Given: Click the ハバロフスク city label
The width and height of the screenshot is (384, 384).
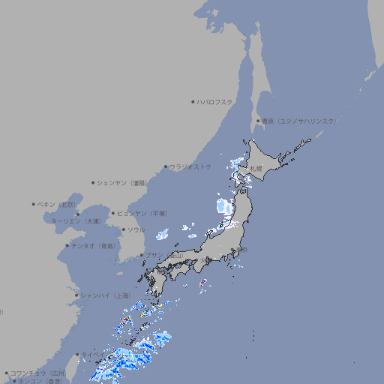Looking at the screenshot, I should click(215, 101).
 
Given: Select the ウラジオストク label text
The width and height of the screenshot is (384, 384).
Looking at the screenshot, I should click(190, 166).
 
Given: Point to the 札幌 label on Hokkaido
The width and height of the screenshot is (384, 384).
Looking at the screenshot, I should click(256, 168).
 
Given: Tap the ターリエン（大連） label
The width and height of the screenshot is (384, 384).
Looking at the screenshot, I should click(76, 221).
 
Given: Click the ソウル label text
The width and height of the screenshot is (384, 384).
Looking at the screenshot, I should click(136, 229).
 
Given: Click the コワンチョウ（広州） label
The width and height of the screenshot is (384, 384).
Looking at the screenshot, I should click(37, 373).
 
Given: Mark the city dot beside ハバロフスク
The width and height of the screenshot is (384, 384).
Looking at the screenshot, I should click(193, 101).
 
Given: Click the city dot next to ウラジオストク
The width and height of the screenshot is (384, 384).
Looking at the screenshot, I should click(166, 166).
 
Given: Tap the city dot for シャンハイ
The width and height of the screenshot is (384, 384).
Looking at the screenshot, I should click(76, 295).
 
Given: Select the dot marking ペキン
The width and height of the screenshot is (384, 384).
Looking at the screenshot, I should click(34, 204).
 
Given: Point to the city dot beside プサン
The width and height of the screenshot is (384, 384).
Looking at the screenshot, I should click(142, 255).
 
